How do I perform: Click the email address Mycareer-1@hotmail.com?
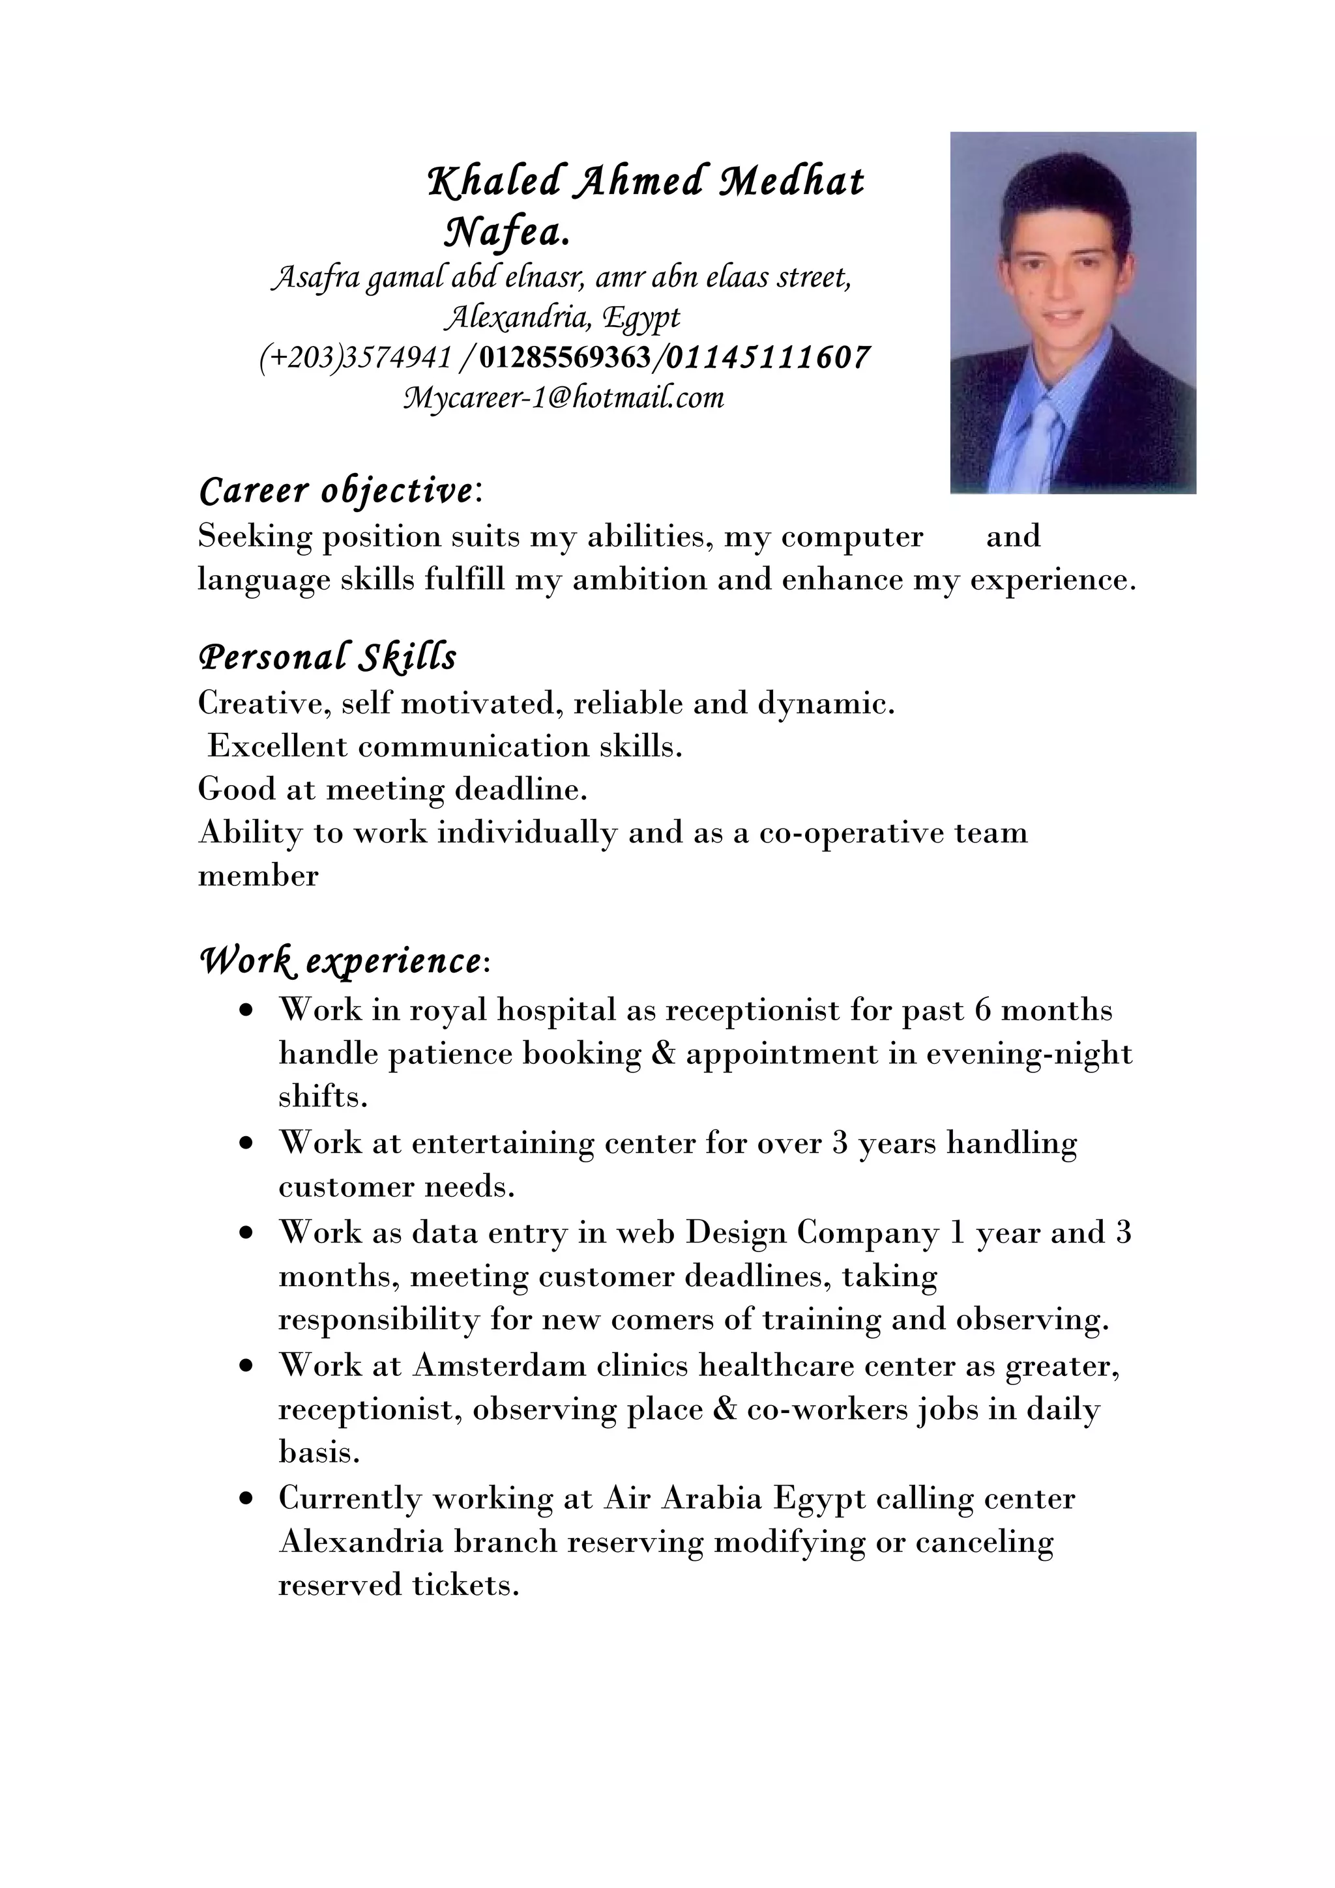pos(563,398)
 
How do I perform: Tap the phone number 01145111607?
pos(767,358)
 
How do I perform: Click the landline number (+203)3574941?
pos(355,358)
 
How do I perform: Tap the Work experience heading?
pos(342,960)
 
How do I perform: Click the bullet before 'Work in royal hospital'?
pos(245,1010)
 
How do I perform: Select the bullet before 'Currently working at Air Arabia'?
pos(245,1499)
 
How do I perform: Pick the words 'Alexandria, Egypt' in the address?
pos(562,317)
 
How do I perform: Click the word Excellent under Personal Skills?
pos(277,746)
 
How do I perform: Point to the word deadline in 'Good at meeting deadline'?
pos(519,790)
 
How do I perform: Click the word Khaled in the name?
pos(493,182)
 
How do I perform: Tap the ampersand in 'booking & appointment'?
pos(663,1053)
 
